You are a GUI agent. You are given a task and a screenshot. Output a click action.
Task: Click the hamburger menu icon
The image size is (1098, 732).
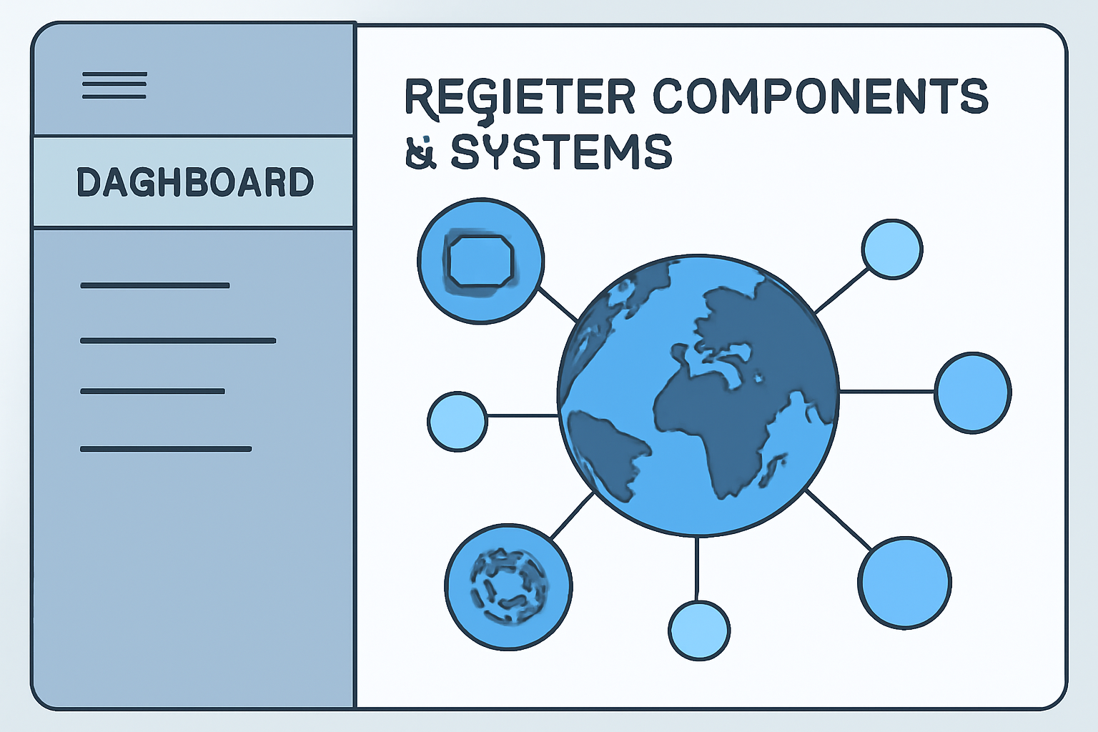coord(114,85)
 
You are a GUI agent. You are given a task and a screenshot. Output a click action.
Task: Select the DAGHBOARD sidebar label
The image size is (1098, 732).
coord(194,182)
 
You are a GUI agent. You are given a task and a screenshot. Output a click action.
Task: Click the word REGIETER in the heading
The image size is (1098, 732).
coord(520,97)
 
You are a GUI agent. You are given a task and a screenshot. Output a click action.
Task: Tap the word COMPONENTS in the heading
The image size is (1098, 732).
coord(820,96)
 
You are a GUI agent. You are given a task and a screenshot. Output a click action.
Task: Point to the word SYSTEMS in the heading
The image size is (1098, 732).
coord(562,152)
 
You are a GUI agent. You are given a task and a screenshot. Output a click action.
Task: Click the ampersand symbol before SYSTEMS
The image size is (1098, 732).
coord(420,152)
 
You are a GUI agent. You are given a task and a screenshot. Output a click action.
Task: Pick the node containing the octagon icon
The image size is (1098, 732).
coord(480,261)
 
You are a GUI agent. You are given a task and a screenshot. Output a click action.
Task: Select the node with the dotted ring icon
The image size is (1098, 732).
coord(508,587)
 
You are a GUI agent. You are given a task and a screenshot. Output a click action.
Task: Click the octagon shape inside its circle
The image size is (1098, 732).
coord(480,261)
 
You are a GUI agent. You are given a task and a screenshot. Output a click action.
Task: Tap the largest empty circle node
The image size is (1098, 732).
coord(904,583)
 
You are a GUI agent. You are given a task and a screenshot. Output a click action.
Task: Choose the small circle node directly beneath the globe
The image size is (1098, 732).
coord(699,630)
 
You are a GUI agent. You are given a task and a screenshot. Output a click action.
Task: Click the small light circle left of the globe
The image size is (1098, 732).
coord(457,421)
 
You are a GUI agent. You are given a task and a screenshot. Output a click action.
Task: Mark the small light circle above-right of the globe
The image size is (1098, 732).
coord(892,249)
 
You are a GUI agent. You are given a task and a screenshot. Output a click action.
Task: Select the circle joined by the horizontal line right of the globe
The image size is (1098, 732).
coord(973,392)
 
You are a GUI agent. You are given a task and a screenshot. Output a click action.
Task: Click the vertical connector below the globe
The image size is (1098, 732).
coord(697,569)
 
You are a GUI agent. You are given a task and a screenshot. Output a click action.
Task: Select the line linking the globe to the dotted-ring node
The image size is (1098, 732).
coord(573,515)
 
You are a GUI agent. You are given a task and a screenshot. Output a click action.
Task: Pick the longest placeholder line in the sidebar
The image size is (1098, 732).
coord(178,341)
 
